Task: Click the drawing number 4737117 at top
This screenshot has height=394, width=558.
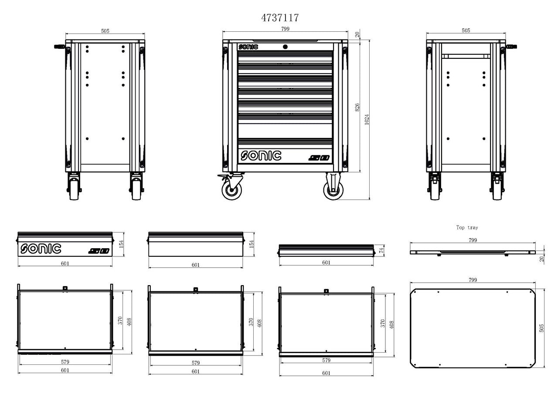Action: pyautogui.click(x=279, y=18)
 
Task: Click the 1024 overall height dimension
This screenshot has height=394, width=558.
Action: pyautogui.click(x=367, y=120)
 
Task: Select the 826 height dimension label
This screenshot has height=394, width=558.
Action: pyautogui.click(x=357, y=107)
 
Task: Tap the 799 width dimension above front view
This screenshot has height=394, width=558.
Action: pyautogui.click(x=285, y=29)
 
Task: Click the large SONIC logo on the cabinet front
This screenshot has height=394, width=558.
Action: pyautogui.click(x=261, y=155)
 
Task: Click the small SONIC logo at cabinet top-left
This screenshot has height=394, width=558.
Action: pyautogui.click(x=248, y=47)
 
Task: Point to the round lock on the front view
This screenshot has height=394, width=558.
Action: pyautogui.click(x=285, y=47)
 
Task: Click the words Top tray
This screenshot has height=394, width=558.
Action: pyautogui.click(x=467, y=228)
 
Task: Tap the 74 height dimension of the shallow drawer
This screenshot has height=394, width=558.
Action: pyautogui.click(x=381, y=249)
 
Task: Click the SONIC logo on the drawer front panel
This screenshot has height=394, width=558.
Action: pyautogui.click(x=41, y=249)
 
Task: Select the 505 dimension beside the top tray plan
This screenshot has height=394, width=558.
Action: pyautogui.click(x=542, y=327)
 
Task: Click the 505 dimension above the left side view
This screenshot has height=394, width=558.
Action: pyautogui.click(x=105, y=31)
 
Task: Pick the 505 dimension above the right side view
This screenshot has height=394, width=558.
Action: pyautogui.click(x=466, y=31)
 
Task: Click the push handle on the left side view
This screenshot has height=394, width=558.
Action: pyautogui.click(x=59, y=46)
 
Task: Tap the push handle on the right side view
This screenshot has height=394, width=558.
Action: pyautogui.click(x=513, y=46)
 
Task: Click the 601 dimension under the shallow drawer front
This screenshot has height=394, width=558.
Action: pyautogui.click(x=326, y=263)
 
